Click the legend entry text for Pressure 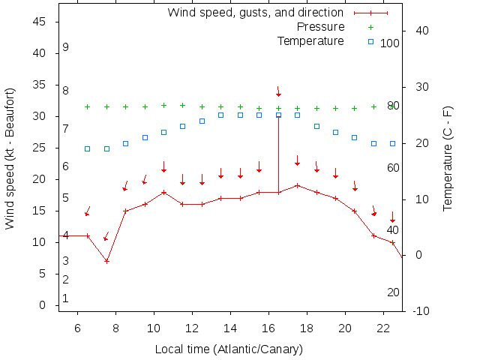(x=321, y=27)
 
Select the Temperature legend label (x=310, y=40)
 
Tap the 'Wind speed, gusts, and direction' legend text (x=255, y=13)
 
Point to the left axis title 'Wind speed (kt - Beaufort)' (x=10, y=157)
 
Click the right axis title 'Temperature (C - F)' (x=448, y=158)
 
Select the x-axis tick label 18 (x=307, y=328)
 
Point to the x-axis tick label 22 (x=383, y=328)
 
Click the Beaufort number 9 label (x=66, y=47)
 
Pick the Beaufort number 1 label (x=66, y=298)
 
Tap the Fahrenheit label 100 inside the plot (x=390, y=43)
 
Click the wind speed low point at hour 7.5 (x=107, y=261)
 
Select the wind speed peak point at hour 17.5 (x=298, y=185)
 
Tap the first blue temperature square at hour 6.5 (x=88, y=148)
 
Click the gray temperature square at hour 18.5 (x=316, y=126)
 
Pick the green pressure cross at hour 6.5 (x=88, y=106)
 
